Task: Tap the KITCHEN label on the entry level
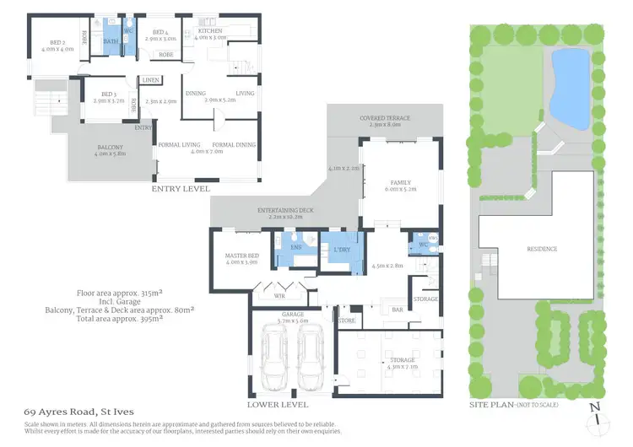point(210,32)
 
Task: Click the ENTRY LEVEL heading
point(181,189)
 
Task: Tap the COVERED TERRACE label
point(385,119)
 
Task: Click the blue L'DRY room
point(342,252)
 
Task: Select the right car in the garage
point(311,358)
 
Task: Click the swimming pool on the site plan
point(570,85)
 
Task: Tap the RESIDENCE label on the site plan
point(543,249)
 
